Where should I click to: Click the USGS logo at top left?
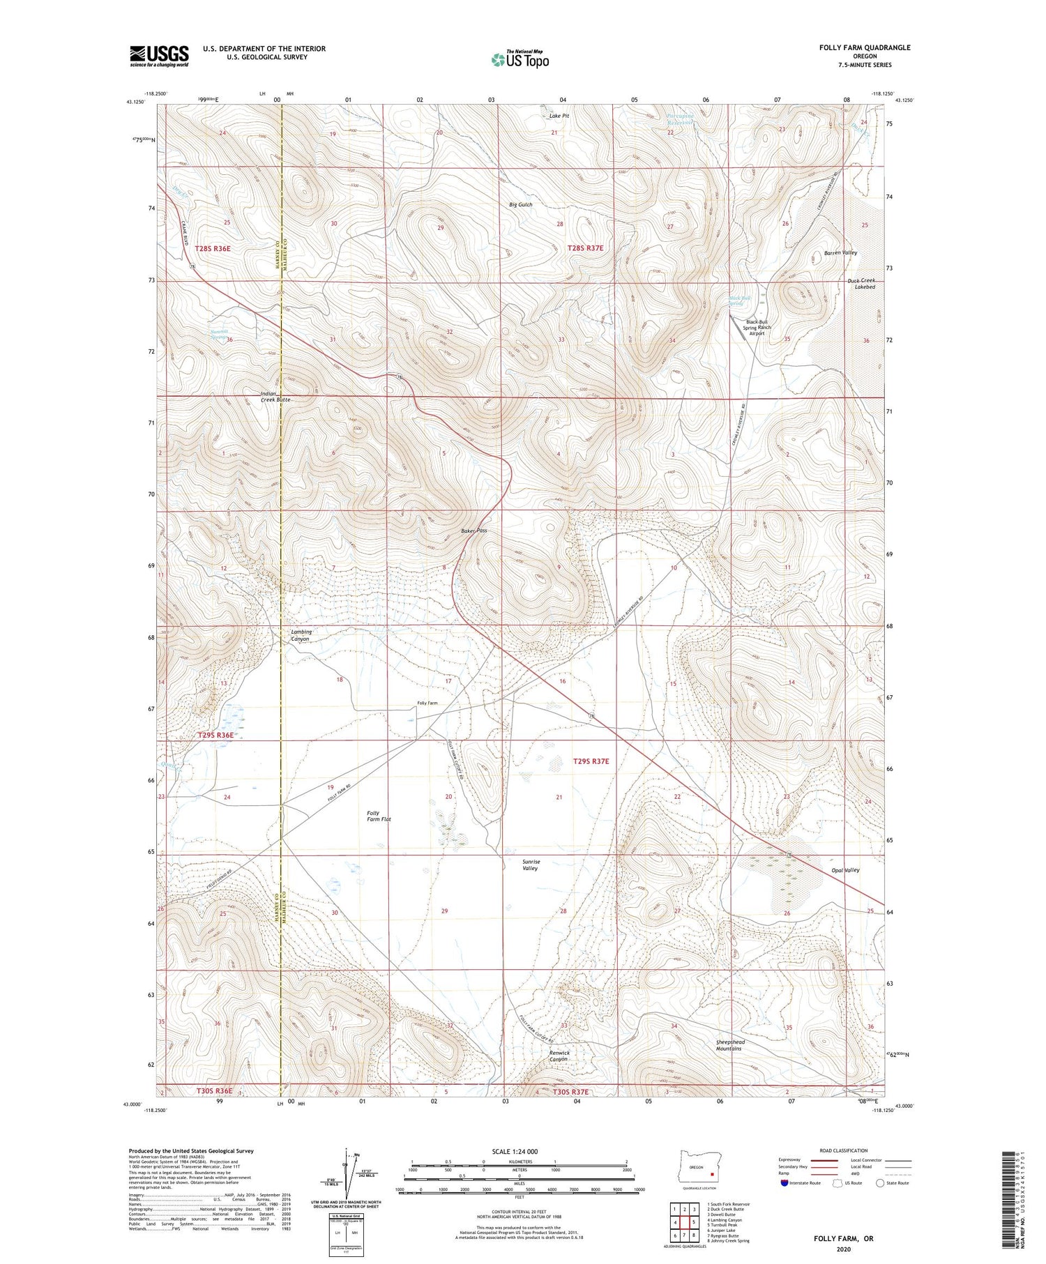coord(159,56)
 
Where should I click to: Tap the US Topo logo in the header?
coord(520,60)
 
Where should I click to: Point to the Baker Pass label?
coord(473,531)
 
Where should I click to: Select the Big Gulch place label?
coord(521,205)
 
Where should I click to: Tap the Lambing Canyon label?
coord(301,635)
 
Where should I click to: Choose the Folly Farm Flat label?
coord(379,816)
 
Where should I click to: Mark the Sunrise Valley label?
coord(531,865)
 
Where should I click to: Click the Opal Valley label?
coord(846,870)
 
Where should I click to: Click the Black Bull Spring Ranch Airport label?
coord(757,328)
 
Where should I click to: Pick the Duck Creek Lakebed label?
coord(861,283)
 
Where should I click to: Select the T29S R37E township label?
coord(591,761)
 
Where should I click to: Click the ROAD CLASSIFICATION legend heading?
coord(843,1150)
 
